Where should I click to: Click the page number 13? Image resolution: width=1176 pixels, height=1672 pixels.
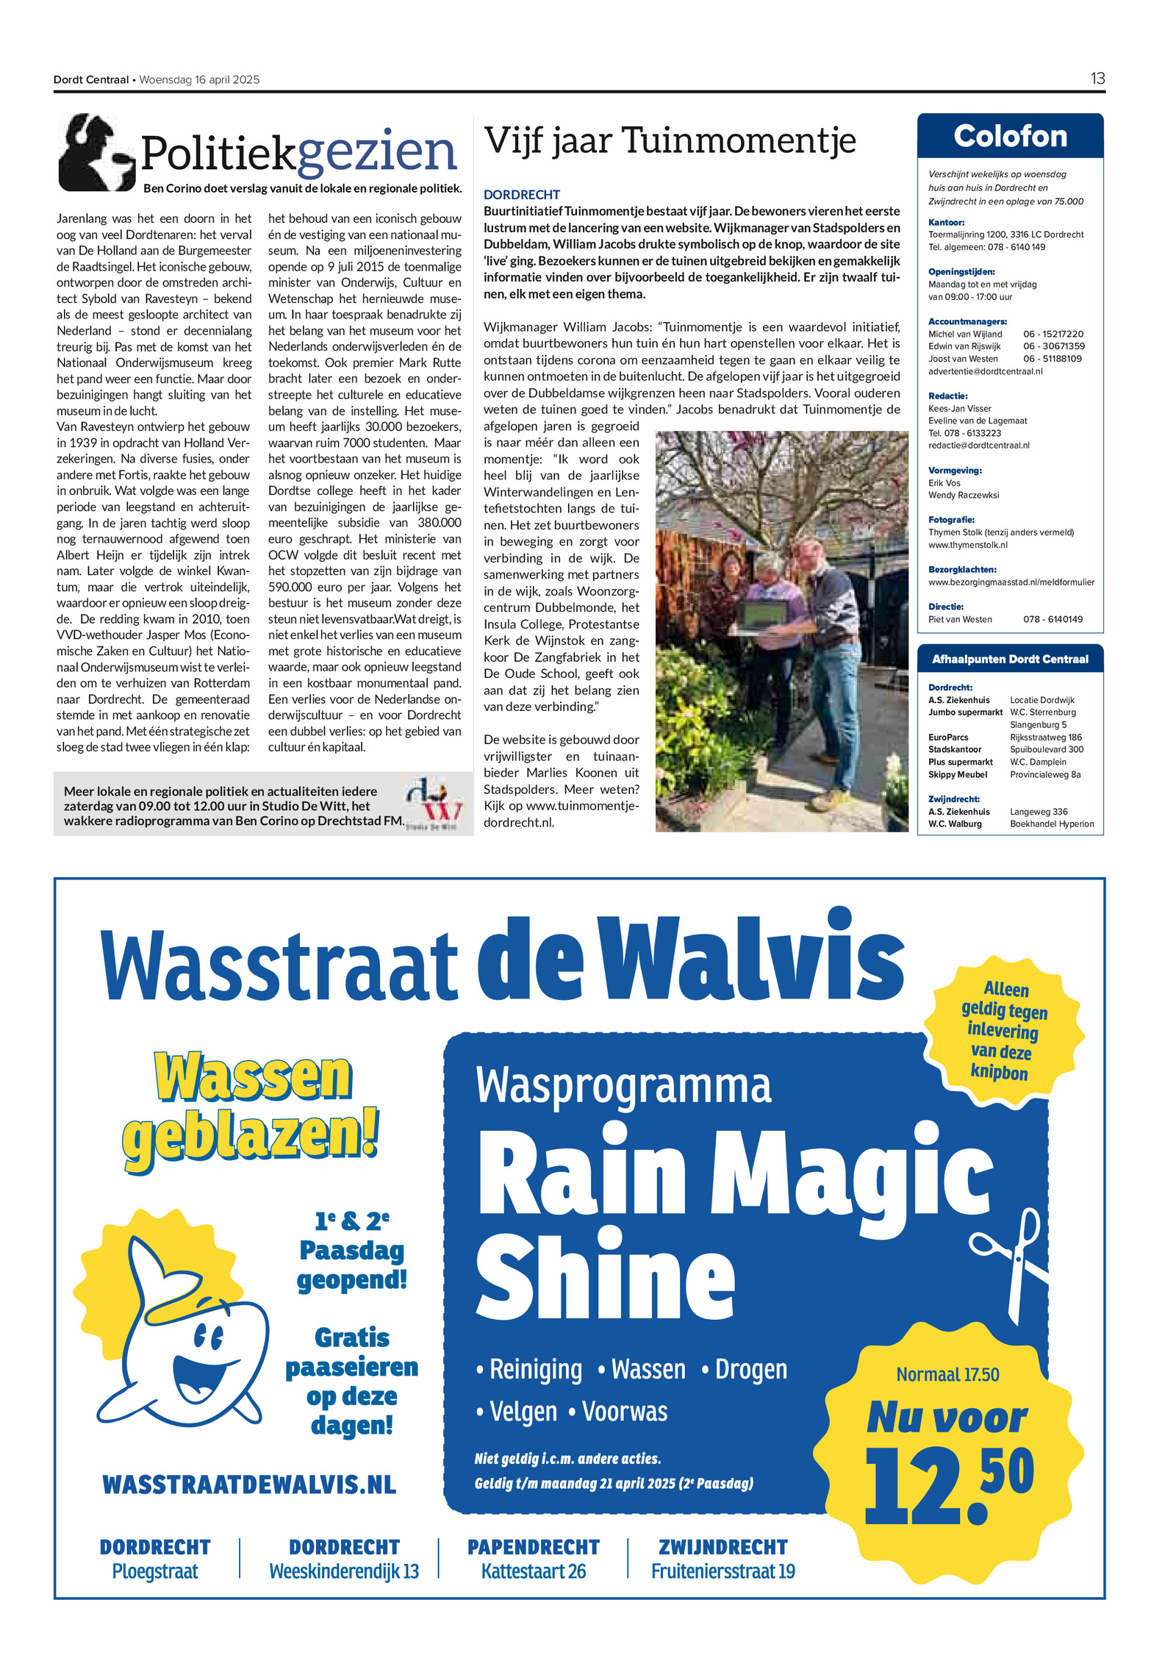pyautogui.click(x=1097, y=79)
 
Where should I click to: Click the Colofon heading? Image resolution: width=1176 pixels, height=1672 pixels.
pyautogui.click(x=1010, y=137)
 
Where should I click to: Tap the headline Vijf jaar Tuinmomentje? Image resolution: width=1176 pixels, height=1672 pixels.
pyautogui.click(x=670, y=140)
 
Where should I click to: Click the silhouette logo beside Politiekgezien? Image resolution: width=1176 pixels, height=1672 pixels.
pyautogui.click(x=96, y=153)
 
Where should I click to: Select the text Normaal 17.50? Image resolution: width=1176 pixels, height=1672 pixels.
pyautogui.click(x=947, y=1374)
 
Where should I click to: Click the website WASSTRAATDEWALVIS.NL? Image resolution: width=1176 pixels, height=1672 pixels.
pyautogui.click(x=249, y=1484)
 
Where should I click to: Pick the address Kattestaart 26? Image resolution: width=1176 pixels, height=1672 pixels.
pyautogui.click(x=534, y=1571)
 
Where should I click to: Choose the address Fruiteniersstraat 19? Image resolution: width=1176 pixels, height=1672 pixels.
pyautogui.click(x=723, y=1571)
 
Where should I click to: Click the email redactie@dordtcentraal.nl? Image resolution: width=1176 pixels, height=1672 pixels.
pyautogui.click(x=978, y=446)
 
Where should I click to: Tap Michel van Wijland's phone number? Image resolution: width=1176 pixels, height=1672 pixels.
pyautogui.click(x=1053, y=334)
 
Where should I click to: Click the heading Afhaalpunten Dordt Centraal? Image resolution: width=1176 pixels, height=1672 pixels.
pyautogui.click(x=1010, y=659)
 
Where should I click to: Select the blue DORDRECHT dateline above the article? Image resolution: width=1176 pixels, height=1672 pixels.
pyautogui.click(x=521, y=195)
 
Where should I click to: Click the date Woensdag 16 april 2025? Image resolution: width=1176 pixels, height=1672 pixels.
pyautogui.click(x=199, y=80)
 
